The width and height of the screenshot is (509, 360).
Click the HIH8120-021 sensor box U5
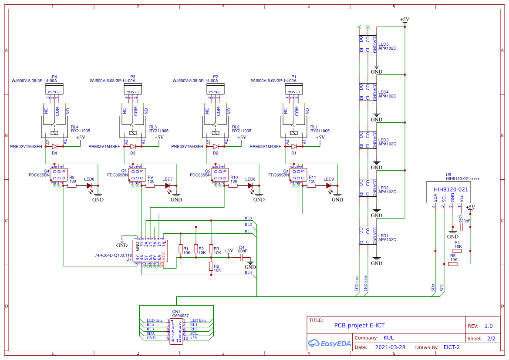(x=448, y=192)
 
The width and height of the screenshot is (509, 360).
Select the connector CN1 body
(x=176, y=331)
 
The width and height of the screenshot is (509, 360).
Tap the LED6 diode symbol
(x=89, y=185)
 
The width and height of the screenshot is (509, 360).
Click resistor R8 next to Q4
(x=72, y=185)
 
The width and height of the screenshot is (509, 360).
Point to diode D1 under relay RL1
(x=294, y=147)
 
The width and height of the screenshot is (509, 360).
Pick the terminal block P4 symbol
(x=54, y=89)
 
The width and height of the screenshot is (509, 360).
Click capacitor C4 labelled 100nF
(x=242, y=257)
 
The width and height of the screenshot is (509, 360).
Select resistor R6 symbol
(x=211, y=266)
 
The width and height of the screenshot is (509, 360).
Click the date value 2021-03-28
(x=390, y=347)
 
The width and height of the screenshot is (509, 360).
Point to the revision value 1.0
(x=488, y=326)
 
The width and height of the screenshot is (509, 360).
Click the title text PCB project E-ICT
(x=359, y=325)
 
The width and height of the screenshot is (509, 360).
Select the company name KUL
(x=388, y=338)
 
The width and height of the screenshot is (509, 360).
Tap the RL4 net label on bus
(x=248, y=273)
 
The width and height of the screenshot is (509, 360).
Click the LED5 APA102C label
(x=387, y=46)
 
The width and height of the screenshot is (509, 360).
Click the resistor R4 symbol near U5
(x=457, y=251)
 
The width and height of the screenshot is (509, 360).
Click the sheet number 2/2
(x=491, y=338)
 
